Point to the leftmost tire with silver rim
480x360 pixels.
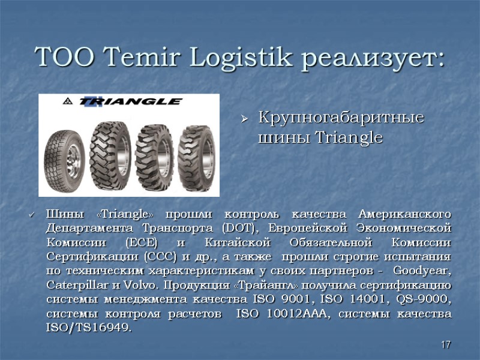coord(64,154)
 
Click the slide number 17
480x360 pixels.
coord(445,344)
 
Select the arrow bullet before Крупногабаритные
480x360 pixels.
coord(244,119)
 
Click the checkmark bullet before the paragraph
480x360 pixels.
coord(32,215)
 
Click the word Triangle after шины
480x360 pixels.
coord(349,138)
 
